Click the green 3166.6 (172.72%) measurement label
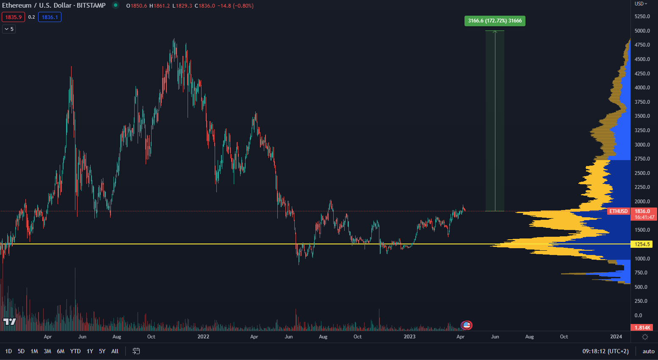point(495,21)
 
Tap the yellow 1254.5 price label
point(641,244)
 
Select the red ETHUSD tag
point(618,211)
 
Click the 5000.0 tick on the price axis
point(642,31)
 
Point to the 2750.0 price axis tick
point(642,159)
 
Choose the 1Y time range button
point(90,351)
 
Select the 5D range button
point(21,351)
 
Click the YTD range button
point(75,351)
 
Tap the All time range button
point(115,351)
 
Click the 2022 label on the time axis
point(203,337)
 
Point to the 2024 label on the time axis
point(616,337)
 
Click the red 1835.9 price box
point(13,17)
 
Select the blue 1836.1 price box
point(50,17)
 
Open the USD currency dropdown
point(641,4)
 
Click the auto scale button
point(648,351)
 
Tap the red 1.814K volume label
point(642,327)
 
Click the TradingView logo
point(9,322)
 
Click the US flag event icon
point(467,325)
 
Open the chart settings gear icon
point(645,337)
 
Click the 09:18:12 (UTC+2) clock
point(605,351)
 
